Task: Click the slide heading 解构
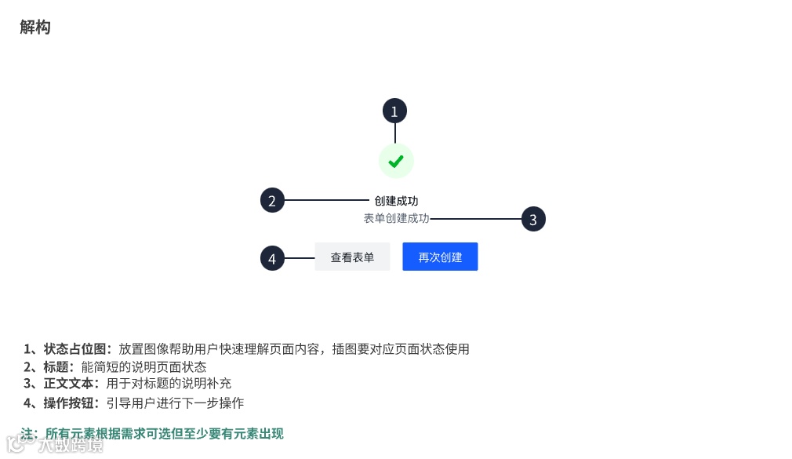coord(35,27)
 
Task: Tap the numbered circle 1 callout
coord(394,111)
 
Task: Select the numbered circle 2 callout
coord(272,201)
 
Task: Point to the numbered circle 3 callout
coord(533,220)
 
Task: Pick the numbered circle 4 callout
coord(272,258)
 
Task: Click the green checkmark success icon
coord(396,161)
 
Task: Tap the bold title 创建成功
coord(396,201)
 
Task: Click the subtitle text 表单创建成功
coord(396,218)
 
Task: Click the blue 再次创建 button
coord(440,257)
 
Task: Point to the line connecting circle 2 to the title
coord(325,200)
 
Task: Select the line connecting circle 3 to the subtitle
coord(475,218)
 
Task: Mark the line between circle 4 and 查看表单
coord(299,257)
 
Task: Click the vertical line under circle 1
coord(394,133)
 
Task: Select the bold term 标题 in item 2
coord(59,366)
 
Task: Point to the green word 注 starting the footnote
coord(28,434)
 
